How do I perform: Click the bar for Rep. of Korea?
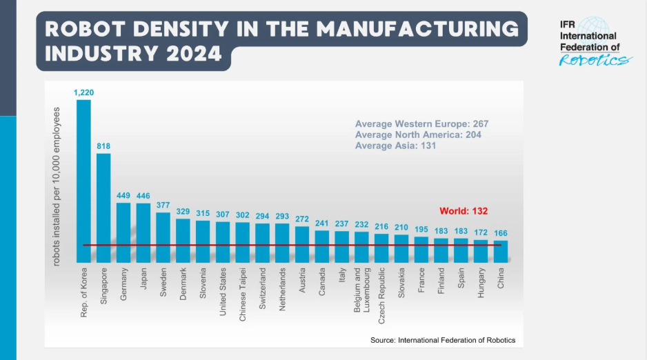pyautogui.click(x=83, y=181)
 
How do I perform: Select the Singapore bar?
pyautogui.click(x=103, y=208)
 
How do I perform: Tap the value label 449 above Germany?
pyautogui.click(x=123, y=195)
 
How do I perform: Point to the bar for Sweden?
pyautogui.click(x=163, y=237)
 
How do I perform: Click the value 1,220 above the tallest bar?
pyautogui.click(x=83, y=92)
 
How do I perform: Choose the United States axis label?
pyautogui.click(x=223, y=292)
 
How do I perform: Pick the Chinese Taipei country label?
pyautogui.click(x=243, y=294)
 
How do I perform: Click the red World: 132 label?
pyautogui.click(x=464, y=211)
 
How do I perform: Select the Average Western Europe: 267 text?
pyautogui.click(x=421, y=123)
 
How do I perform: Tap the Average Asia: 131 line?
pyautogui.click(x=395, y=146)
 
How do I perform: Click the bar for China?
pyautogui.click(x=501, y=252)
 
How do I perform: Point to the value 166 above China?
pyautogui.click(x=501, y=233)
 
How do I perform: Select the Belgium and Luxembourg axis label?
pyautogui.click(x=362, y=290)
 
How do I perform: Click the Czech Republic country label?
pyautogui.click(x=381, y=296)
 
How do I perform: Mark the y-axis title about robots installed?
pyautogui.click(x=57, y=186)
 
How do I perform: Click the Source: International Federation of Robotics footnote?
pyautogui.click(x=443, y=340)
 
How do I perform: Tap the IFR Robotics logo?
pyautogui.click(x=593, y=41)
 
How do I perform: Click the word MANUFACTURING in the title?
pyautogui.click(x=418, y=29)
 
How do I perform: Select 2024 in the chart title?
pyautogui.click(x=195, y=54)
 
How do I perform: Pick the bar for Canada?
pyautogui.click(x=322, y=247)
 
